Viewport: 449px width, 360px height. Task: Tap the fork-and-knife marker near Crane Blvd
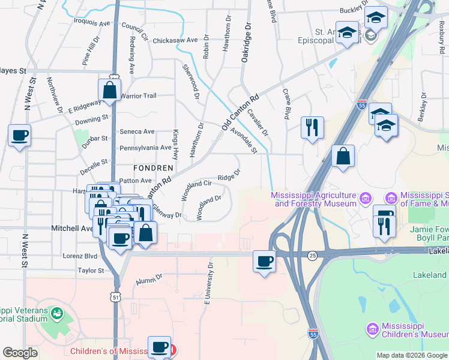tap(312, 127)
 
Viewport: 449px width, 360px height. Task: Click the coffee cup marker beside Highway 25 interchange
tap(264, 261)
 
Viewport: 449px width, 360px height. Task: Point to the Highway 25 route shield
tap(312, 256)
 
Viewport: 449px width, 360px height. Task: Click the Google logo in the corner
tap(20, 353)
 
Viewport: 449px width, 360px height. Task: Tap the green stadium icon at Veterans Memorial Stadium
tap(57, 313)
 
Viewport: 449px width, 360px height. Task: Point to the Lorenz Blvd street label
tap(80, 256)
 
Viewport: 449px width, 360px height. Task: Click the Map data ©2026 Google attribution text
tap(412, 355)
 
